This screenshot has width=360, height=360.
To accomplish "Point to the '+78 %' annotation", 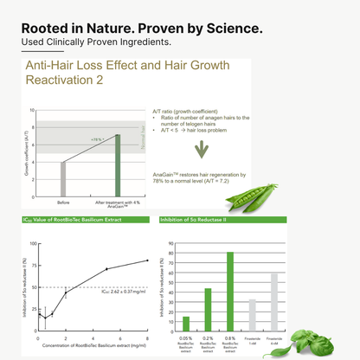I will coord(96,138).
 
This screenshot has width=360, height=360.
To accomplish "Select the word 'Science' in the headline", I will coord(229,29).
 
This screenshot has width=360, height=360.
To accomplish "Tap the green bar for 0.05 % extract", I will coord(186,305).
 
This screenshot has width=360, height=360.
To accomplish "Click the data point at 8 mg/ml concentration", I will coord(148,260).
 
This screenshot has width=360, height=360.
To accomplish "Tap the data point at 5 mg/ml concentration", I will coord(106,269).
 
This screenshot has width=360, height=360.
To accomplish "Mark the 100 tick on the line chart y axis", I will coord(34,243).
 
